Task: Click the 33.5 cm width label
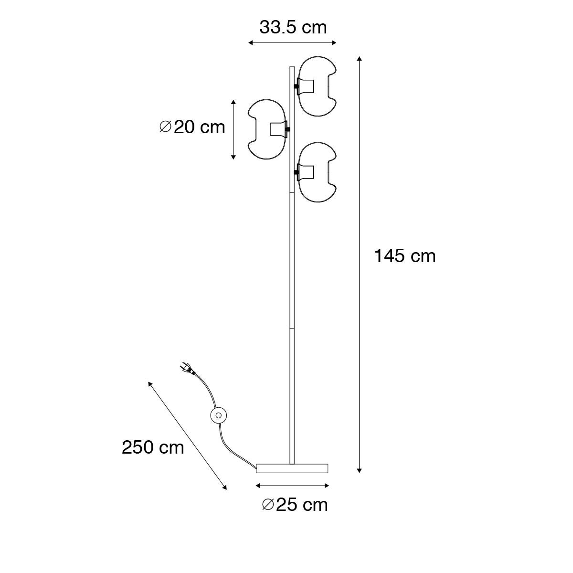(x=293, y=28)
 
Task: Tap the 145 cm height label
(x=405, y=256)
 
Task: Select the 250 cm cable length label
(x=153, y=447)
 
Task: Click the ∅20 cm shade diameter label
(x=192, y=127)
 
